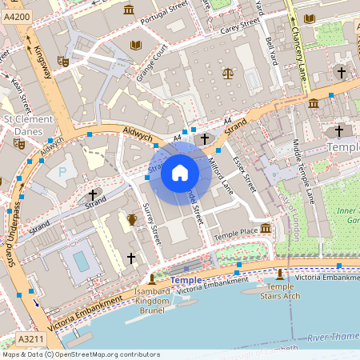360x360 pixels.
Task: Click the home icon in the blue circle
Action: (x=180, y=172)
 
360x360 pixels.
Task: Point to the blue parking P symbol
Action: (x=61, y=171)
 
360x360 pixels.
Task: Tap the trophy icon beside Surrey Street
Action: (x=132, y=218)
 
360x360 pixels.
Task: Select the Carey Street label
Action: (x=240, y=27)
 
